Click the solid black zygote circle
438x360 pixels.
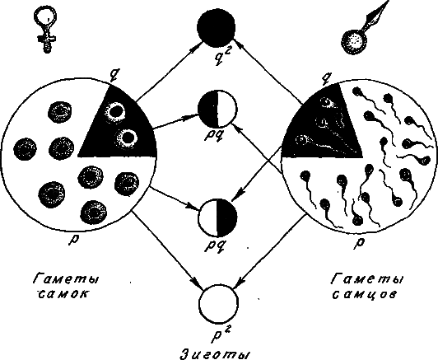click(216, 28)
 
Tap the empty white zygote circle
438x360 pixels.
click(218, 303)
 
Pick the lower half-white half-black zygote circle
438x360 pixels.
click(217, 218)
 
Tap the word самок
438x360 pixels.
click(62, 294)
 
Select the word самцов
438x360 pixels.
click(364, 294)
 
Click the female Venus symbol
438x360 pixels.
click(45, 28)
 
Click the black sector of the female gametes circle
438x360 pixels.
click(123, 129)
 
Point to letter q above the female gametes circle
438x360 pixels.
click(113, 74)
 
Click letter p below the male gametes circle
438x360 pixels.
click(361, 242)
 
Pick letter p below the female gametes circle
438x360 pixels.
click(74, 238)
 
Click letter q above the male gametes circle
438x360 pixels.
click(326, 76)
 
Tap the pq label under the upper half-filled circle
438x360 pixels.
click(214, 137)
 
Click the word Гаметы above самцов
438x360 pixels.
click(366, 279)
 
